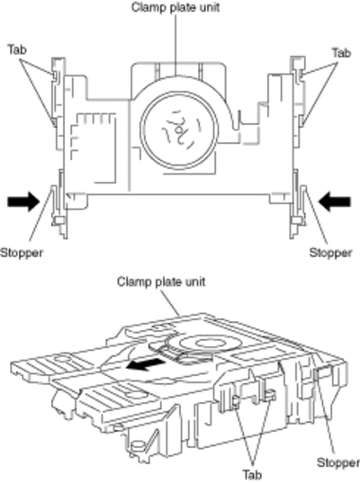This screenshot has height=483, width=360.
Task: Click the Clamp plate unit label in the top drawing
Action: click(175, 7)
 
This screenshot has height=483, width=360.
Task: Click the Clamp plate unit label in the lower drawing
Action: click(161, 282)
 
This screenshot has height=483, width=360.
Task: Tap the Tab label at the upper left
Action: click(17, 49)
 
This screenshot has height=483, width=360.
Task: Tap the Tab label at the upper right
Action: click(341, 53)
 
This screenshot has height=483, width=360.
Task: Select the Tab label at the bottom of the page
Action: click(252, 474)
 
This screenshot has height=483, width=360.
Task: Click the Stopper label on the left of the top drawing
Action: click(22, 253)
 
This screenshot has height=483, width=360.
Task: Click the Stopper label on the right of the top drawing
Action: click(330, 253)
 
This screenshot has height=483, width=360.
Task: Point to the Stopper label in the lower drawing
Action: click(338, 462)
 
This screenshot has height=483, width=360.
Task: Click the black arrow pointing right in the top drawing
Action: click(23, 201)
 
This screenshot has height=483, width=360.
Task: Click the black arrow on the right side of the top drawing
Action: click(335, 201)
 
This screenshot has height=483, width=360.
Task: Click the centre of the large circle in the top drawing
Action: click(179, 130)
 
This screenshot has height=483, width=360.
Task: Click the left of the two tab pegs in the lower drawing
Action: click(236, 401)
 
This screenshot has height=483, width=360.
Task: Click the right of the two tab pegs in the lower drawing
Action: click(271, 394)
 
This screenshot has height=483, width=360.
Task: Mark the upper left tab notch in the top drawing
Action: click(55, 75)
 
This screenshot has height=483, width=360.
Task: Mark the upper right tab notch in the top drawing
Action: click(300, 75)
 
